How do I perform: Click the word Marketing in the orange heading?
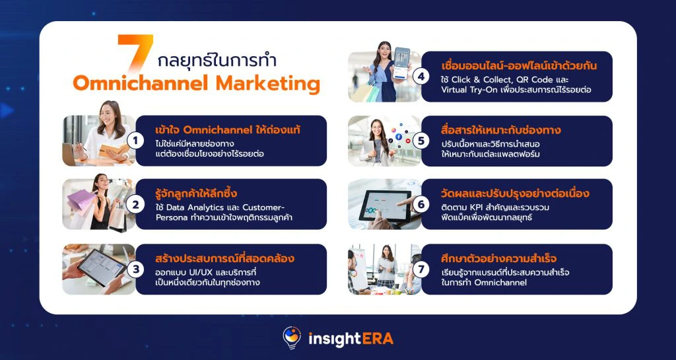pyautogui.click(x=268, y=83)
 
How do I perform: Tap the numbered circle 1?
pyautogui.click(x=135, y=141)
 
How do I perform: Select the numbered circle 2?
pyautogui.click(x=135, y=205)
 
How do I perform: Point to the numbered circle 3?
pyautogui.click(x=135, y=270)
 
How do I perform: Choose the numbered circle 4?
pyautogui.click(x=421, y=77)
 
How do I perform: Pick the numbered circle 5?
pyautogui.click(x=421, y=141)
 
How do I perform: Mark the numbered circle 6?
pyautogui.click(x=421, y=205)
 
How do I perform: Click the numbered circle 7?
pyautogui.click(x=421, y=270)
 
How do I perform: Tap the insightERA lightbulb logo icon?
pyautogui.click(x=292, y=337)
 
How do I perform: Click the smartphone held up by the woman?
pyautogui.click(x=401, y=63)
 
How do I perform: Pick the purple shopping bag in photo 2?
pyautogui.click(x=81, y=199)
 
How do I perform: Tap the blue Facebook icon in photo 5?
pyautogui.click(x=398, y=137)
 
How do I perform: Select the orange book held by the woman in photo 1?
pyautogui.click(x=114, y=151)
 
